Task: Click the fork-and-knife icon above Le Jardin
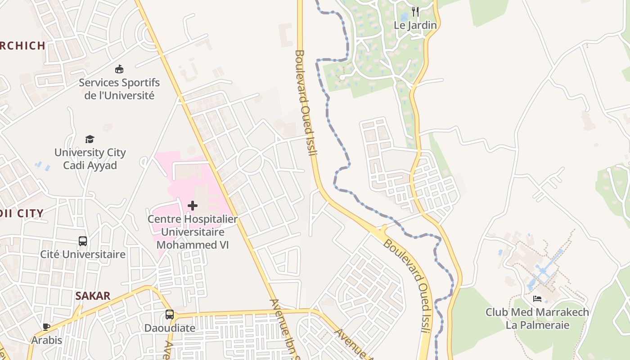pyautogui.click(x=415, y=11)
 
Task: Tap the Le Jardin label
pyautogui.click(x=415, y=25)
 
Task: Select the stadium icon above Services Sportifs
pyautogui.click(x=119, y=69)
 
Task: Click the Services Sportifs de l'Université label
pyautogui.click(x=119, y=89)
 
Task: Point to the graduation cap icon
pyautogui.click(x=90, y=139)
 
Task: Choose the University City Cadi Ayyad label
pyautogui.click(x=90, y=159)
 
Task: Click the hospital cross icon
pyautogui.click(x=193, y=206)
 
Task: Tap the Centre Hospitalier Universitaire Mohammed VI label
pyautogui.click(x=193, y=232)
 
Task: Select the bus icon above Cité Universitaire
pyautogui.click(x=83, y=241)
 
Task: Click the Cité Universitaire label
pyautogui.click(x=83, y=254)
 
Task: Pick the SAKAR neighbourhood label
pyautogui.click(x=93, y=296)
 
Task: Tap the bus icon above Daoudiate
pyautogui.click(x=169, y=315)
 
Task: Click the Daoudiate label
pyautogui.click(x=169, y=328)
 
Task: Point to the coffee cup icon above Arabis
pyautogui.click(x=46, y=327)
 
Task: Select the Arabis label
pyautogui.click(x=46, y=340)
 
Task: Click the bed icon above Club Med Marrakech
pyautogui.click(x=537, y=298)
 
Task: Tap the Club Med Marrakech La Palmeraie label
pyautogui.click(x=537, y=319)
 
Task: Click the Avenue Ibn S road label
pyautogui.click(x=283, y=328)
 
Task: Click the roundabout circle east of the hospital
pyautogui.click(x=250, y=161)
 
